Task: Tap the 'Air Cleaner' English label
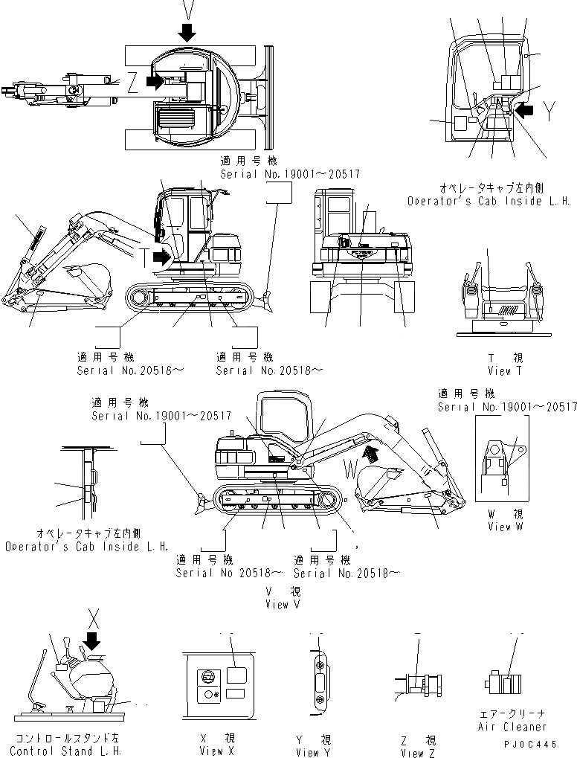[x=514, y=727]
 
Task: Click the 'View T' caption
[x=505, y=370]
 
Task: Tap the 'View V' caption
[x=283, y=605]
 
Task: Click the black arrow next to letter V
[x=187, y=30]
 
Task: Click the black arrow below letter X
[x=92, y=639]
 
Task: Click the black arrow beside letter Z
[x=155, y=81]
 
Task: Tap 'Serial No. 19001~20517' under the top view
[x=289, y=173]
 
